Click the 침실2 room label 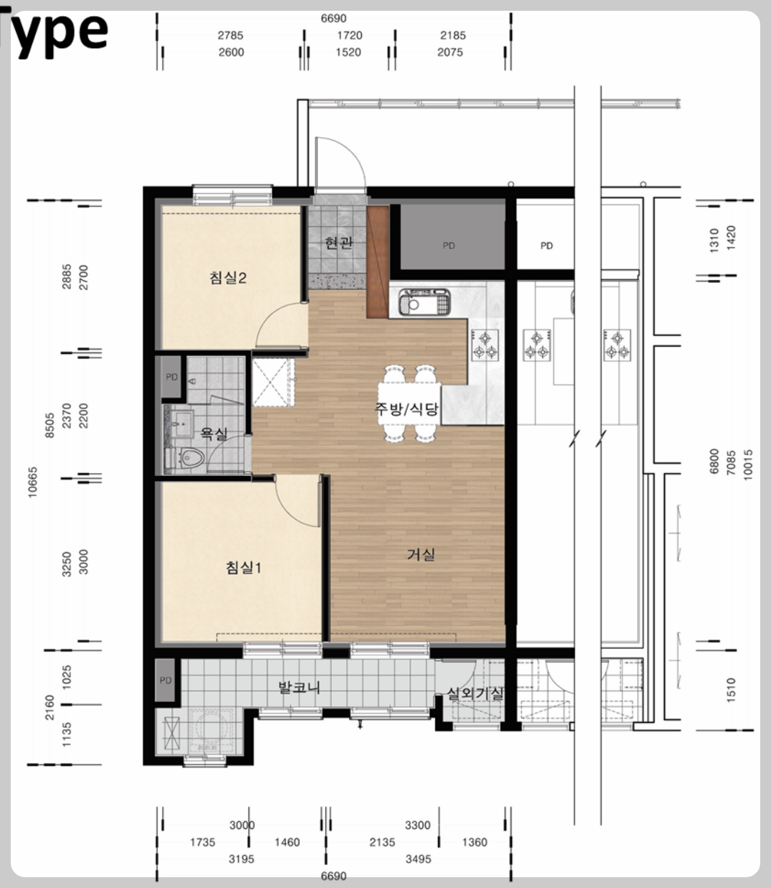[x=228, y=278]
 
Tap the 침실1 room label [x=243, y=567]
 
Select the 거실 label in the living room [x=421, y=554]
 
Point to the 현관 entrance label [x=339, y=243]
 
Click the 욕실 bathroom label [x=213, y=433]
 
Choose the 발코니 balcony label [x=299, y=687]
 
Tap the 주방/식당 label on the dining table [x=406, y=408]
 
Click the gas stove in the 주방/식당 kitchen [x=485, y=345]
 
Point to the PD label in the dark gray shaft [x=449, y=246]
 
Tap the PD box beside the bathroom [x=172, y=377]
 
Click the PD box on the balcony [x=165, y=680]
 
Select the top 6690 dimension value [x=334, y=18]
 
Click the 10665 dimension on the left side [x=33, y=482]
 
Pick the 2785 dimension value [x=230, y=35]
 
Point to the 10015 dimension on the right [x=747, y=465]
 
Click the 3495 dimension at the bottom [x=419, y=859]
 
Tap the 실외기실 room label [x=475, y=693]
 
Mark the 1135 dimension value [x=66, y=734]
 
